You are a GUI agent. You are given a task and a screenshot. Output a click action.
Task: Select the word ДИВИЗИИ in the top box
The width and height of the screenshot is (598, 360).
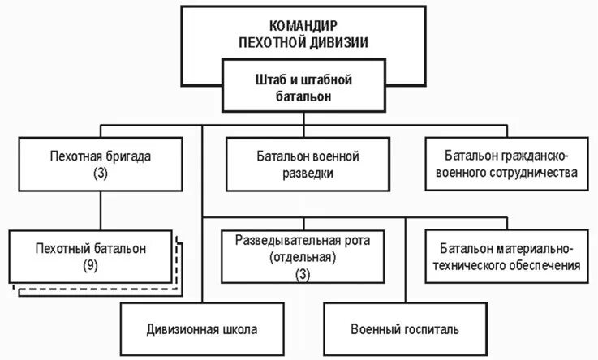342,41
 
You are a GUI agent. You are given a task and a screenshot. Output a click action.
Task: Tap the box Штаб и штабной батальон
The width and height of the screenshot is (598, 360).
303,88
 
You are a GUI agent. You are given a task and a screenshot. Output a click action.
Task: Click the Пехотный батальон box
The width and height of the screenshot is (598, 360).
92,256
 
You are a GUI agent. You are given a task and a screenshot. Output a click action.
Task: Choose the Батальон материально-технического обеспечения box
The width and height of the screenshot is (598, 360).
509,257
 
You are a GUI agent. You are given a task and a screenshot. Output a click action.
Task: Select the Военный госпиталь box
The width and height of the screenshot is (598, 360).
405,329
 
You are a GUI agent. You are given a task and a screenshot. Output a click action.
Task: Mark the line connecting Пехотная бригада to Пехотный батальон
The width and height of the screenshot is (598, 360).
101,207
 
